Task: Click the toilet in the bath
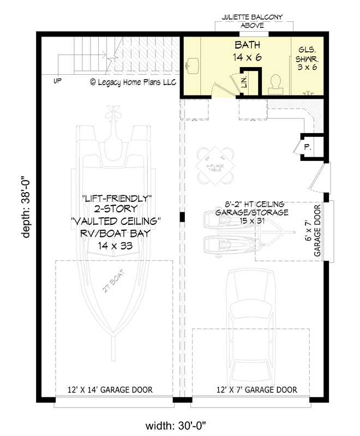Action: [x=275, y=83]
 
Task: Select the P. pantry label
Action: [x=307, y=147]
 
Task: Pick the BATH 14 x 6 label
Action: [x=247, y=50]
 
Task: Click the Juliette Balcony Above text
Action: [x=252, y=21]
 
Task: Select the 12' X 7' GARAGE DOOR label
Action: [x=256, y=390]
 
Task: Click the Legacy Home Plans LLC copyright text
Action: [x=133, y=82]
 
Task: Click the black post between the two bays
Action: [x=183, y=217]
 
